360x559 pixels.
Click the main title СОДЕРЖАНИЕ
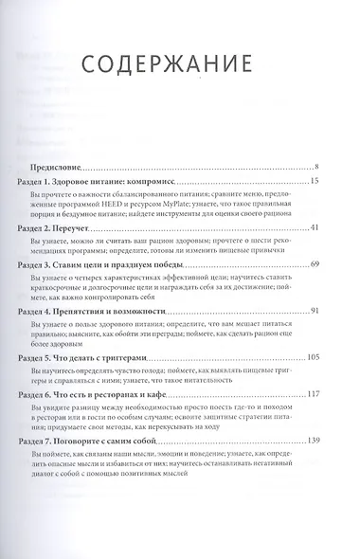[x=180, y=62]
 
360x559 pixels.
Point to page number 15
[x=325, y=181]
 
